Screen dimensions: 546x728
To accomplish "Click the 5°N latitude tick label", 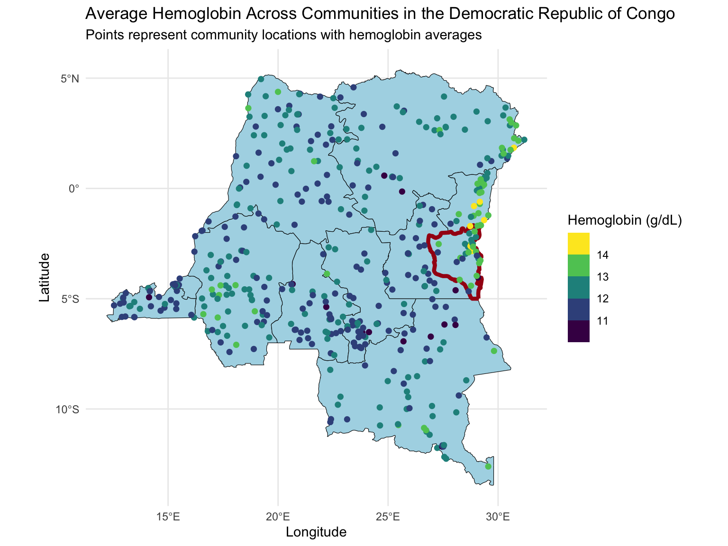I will click(69, 78).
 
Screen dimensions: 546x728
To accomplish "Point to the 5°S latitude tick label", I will click(69, 299).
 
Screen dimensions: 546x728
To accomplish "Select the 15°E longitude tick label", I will click(168, 516).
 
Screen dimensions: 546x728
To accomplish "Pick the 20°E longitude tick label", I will click(278, 516).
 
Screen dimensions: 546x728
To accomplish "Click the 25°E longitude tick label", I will click(388, 516).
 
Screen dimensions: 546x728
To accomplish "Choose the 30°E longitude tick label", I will click(498, 516).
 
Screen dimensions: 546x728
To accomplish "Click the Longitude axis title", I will click(316, 532).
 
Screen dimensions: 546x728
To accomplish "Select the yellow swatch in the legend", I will click(578, 244).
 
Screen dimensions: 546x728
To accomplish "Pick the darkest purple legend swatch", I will click(578, 331).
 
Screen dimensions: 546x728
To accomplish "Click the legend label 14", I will click(603, 255).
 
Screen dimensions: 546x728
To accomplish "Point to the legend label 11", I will click(603, 321).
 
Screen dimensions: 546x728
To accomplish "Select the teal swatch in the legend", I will click(578, 287).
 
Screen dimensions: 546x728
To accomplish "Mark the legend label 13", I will click(603, 277).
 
